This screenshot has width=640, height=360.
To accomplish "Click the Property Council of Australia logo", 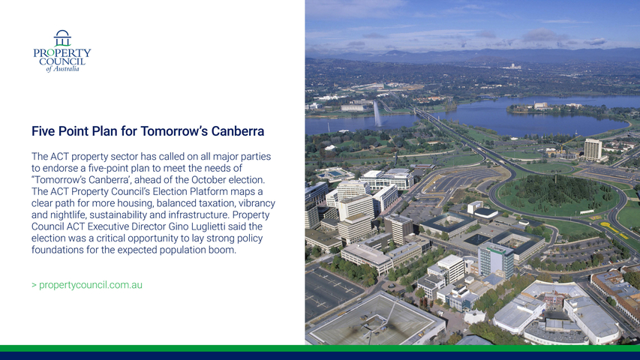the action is (62, 51).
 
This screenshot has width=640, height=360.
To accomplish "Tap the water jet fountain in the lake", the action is (377, 114).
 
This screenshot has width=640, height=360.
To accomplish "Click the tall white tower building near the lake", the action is (593, 150).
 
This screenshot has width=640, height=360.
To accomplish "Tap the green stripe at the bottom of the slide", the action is (320, 348).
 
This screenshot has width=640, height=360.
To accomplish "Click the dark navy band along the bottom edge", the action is (320, 356).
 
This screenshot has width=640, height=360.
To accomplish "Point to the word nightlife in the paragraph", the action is (67, 214).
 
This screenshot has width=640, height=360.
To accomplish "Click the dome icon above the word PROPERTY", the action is (62, 38).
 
